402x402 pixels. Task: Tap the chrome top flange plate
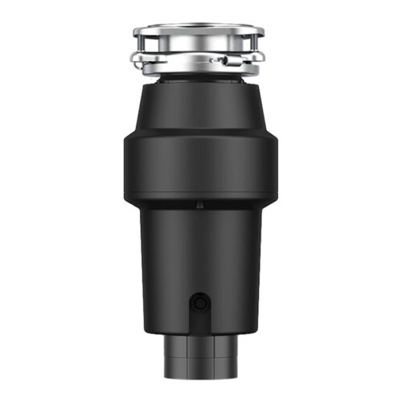coord(199,31)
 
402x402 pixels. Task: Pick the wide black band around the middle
coord(199,165)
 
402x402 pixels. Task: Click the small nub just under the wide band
coord(199,205)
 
